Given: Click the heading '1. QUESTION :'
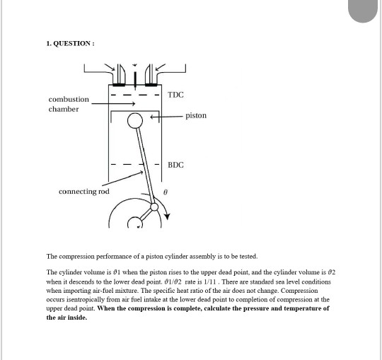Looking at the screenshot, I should tap(70, 44).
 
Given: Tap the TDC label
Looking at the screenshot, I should tap(175, 95).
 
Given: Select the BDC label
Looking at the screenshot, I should tap(175, 164).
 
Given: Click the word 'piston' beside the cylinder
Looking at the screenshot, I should tap(196, 115).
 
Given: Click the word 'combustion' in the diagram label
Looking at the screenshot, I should tap(69, 99).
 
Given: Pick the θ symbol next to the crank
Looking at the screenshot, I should tap(165, 191).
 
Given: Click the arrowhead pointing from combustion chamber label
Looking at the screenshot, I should tap(133, 104).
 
